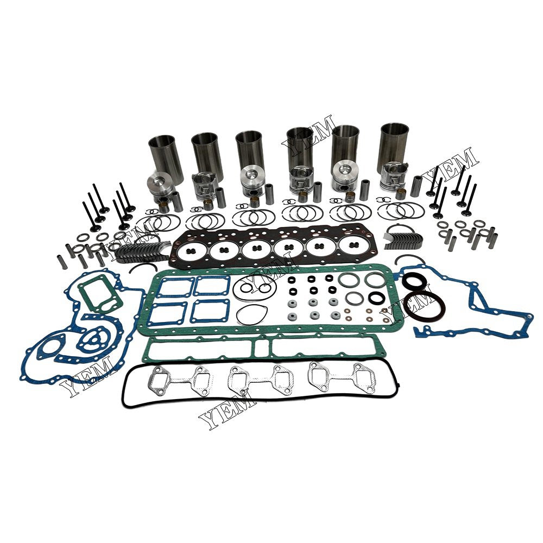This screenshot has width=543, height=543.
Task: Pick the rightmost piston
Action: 393,176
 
